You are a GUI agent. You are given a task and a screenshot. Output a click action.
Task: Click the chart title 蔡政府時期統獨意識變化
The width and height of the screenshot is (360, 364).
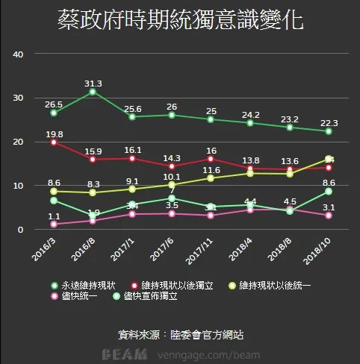(x=180, y=20)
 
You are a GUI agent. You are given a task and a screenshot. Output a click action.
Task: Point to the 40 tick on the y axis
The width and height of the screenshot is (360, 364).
(x=19, y=54)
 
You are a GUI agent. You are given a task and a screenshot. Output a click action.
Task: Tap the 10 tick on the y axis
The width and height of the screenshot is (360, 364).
(x=19, y=186)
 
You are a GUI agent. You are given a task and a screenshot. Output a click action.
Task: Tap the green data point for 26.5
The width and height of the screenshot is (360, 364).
(x=54, y=113)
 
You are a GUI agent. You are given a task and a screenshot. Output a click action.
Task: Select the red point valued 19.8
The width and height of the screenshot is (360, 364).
(x=54, y=142)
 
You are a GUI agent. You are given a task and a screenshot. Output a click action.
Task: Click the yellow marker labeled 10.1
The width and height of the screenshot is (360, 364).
(x=173, y=184)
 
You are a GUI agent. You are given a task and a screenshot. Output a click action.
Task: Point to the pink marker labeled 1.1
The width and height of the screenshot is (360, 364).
(x=54, y=224)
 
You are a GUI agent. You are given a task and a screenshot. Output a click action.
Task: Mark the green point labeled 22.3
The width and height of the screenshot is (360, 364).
(x=329, y=131)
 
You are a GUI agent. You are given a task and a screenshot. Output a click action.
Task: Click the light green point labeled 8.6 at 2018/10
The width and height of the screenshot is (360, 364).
(x=329, y=192)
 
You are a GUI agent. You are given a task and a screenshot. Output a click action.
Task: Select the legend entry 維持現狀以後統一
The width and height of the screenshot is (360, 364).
(x=273, y=285)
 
